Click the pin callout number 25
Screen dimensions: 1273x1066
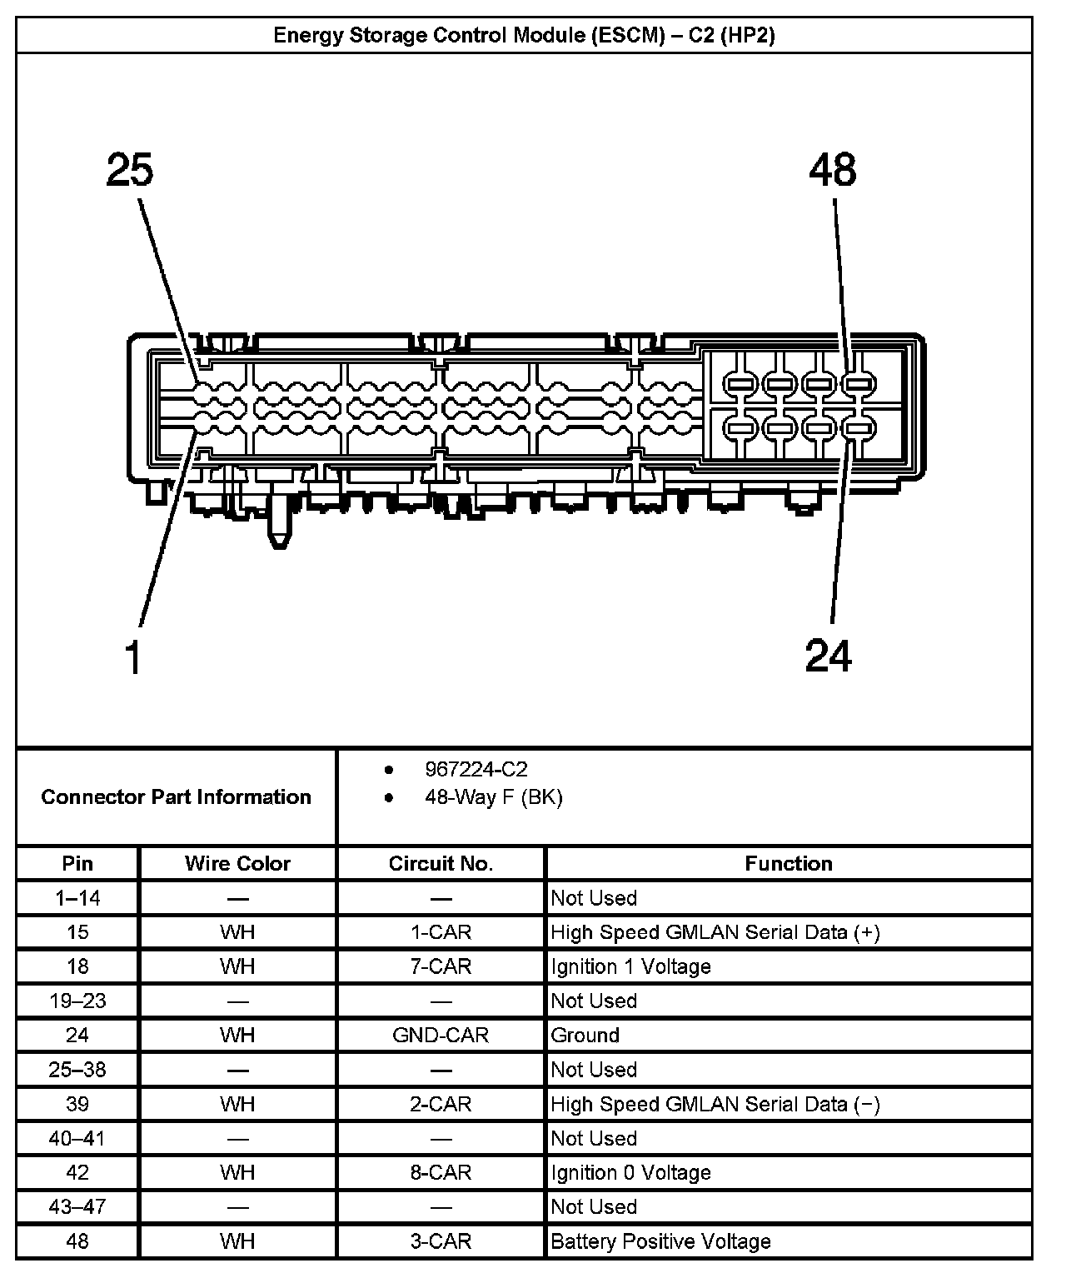click(x=130, y=170)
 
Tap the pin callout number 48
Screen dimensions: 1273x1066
click(x=832, y=170)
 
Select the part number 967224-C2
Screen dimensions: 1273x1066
click(x=476, y=769)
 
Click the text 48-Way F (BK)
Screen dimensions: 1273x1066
click(x=493, y=797)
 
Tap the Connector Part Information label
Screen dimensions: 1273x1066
click(x=176, y=796)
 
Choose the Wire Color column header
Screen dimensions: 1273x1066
click(x=237, y=863)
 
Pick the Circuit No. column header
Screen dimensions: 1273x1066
click(x=441, y=863)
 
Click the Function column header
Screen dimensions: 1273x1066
click(x=788, y=863)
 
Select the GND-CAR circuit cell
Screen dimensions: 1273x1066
click(x=441, y=1035)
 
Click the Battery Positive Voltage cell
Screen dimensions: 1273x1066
click(x=660, y=1241)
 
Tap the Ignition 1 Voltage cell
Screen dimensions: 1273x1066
click(x=630, y=966)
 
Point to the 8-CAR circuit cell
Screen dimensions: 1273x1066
click(x=441, y=1172)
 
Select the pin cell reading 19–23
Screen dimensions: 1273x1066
click(x=77, y=1001)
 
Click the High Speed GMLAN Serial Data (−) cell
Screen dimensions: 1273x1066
click(x=715, y=1104)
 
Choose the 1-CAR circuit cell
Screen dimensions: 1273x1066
click(x=441, y=932)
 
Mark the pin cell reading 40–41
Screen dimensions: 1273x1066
click(x=77, y=1138)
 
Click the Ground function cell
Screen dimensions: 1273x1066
click(x=585, y=1035)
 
